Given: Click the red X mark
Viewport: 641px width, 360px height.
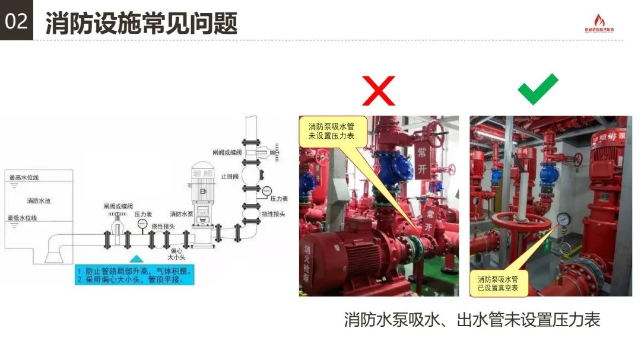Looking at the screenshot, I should point(379,91).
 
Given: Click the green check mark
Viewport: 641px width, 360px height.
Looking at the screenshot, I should point(538,89).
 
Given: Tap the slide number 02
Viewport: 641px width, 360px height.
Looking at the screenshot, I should point(16,21).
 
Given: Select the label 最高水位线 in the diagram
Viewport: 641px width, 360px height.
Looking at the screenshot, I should point(23,177).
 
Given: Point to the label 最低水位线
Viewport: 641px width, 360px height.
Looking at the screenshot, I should point(23,218).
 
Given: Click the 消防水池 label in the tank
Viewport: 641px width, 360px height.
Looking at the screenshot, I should point(39,201).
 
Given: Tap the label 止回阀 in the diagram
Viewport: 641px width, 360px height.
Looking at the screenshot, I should point(229,176).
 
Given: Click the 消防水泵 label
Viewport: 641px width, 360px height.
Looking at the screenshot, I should point(180,214).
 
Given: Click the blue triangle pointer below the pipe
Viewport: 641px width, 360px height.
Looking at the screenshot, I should point(137,259).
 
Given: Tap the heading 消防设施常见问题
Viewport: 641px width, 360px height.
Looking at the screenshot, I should point(141,23).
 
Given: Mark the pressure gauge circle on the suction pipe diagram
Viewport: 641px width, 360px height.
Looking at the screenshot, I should point(142,224).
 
